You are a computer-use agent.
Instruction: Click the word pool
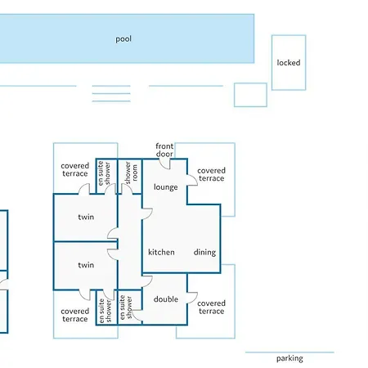point(123,39)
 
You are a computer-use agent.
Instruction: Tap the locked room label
point(289,63)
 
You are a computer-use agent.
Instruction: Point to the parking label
point(289,358)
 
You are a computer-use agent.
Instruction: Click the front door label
point(164,150)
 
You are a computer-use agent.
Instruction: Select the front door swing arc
point(164,164)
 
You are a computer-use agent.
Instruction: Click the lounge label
point(166,187)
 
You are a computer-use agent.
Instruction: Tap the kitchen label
point(161,252)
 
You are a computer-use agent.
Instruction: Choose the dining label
point(204,253)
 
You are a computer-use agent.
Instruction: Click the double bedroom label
point(166,299)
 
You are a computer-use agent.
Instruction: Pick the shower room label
point(131,173)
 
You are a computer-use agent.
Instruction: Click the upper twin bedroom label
point(86,217)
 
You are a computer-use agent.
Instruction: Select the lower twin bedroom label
point(86,265)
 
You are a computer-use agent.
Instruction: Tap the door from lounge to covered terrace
point(192,180)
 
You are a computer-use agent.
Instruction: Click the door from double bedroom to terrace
point(192,298)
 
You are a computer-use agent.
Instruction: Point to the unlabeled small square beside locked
point(250,95)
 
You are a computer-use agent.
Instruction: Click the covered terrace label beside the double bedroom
point(211,307)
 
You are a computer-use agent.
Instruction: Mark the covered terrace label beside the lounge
point(211,174)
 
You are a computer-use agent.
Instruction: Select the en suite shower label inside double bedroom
point(126,307)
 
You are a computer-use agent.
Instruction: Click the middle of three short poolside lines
point(111,93)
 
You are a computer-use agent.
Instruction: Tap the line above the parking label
point(289,352)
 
